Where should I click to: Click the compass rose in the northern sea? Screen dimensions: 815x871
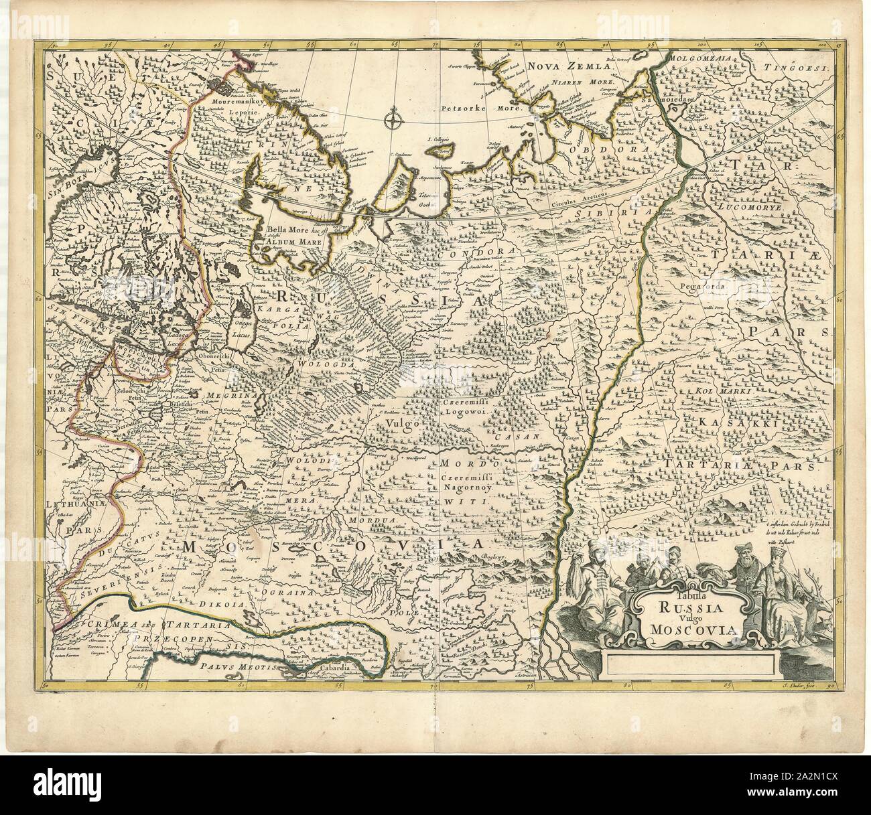pyautogui.click(x=393, y=121)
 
